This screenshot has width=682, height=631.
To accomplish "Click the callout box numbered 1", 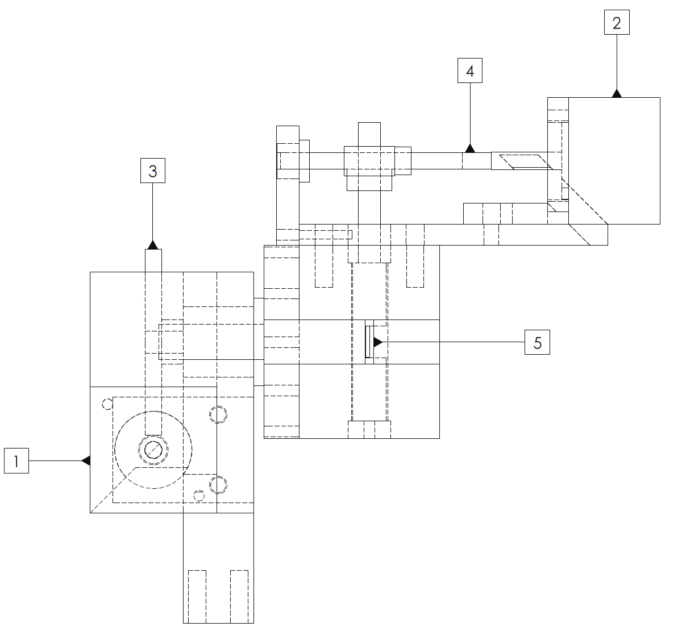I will (16, 460).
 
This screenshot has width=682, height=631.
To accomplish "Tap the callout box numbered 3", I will (153, 171).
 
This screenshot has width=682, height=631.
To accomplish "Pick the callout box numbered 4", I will (470, 70).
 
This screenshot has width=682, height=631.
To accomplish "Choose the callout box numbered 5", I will (537, 342).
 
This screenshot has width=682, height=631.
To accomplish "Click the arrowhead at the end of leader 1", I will (86, 460).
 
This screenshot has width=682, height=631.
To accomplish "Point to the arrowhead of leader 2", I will (617, 94).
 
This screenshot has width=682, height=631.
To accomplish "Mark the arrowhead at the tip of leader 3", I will (153, 245).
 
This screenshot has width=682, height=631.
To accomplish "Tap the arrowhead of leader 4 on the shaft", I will (470, 148).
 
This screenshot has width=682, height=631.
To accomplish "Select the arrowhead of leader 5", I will (377, 342).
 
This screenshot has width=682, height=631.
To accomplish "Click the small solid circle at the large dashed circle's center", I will (153, 450).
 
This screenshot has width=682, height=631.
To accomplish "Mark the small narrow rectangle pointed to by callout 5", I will (368, 342).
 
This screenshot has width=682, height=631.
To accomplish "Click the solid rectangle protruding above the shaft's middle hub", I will (369, 134).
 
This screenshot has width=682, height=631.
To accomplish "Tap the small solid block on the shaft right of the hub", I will (403, 161).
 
